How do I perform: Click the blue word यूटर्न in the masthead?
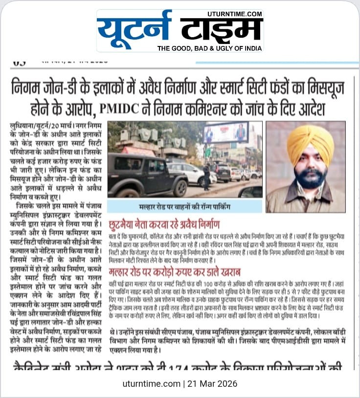coord(135,30)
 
